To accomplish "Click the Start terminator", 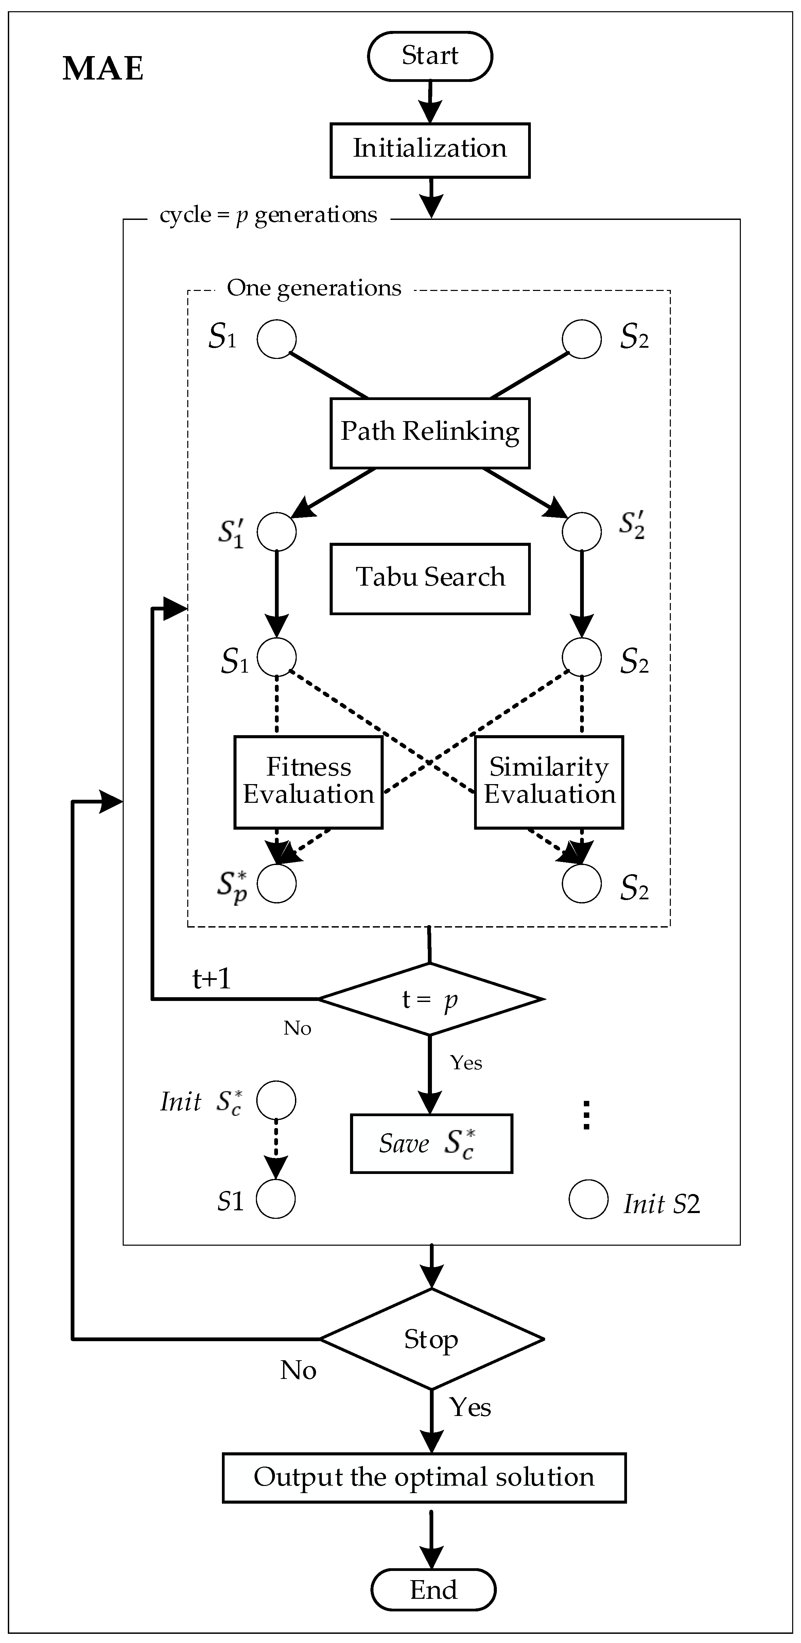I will point(430,56).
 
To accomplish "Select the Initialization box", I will point(430,150).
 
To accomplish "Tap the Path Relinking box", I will point(430,433).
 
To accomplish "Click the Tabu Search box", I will point(430,578).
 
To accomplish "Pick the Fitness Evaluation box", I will point(309,782).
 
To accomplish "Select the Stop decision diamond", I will point(432,1339).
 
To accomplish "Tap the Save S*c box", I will point(431,1144).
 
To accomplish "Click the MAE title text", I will point(103,69).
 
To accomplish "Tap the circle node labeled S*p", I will point(277,884).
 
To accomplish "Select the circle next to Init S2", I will point(588,1200).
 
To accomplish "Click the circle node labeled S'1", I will point(277,531).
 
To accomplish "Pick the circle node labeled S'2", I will point(581,531).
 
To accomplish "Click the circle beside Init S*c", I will point(276,1100).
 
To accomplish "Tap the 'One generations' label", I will point(314,288).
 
